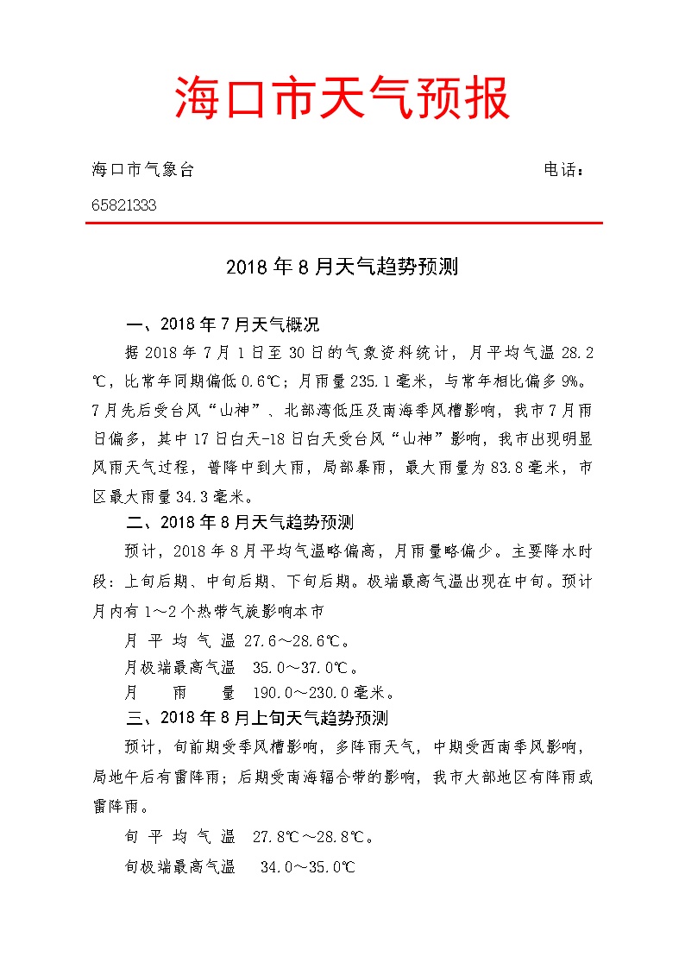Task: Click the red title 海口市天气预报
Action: pos(342,97)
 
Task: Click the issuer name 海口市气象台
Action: pos(142,169)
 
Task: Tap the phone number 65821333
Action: pos(123,205)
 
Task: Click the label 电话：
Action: pos(565,169)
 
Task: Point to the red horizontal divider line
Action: pos(342,223)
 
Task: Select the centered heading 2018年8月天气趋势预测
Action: pos(342,267)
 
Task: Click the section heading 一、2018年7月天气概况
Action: pos(223,325)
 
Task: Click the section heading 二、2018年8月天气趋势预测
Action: pos(240,522)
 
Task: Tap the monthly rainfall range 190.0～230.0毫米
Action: pos(323,693)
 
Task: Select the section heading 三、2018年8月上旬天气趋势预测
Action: pos(257,718)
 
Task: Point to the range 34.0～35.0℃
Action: pos(308,866)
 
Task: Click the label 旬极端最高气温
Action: pos(180,866)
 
